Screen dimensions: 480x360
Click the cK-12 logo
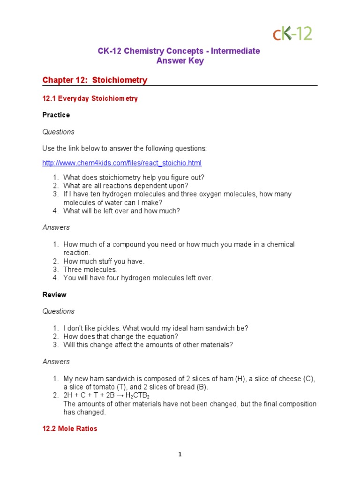point(292,33)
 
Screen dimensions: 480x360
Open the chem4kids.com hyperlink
point(122,163)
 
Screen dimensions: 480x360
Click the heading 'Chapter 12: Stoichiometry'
point(95,80)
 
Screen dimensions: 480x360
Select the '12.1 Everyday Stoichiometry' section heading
point(90,99)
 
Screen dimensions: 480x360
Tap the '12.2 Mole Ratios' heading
point(70,429)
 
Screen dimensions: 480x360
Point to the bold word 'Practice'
point(56,115)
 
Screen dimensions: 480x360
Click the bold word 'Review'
point(54,295)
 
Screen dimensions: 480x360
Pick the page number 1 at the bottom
point(180,454)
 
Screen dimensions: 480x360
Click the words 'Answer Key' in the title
point(180,61)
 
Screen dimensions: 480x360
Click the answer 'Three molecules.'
point(90,270)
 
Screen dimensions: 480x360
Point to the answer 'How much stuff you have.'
point(104,261)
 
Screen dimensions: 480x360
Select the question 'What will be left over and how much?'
point(121,211)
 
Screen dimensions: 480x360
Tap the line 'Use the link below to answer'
point(124,149)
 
